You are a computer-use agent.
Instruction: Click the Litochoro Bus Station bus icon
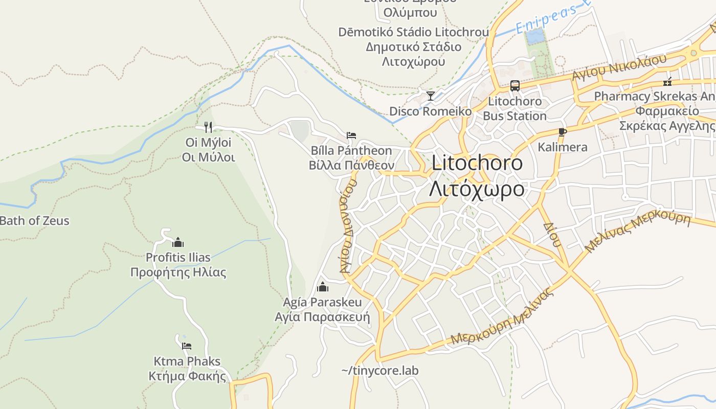pos(514,85)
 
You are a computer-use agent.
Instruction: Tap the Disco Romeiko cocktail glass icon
pos(431,96)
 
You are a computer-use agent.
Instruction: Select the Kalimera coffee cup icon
pos(563,132)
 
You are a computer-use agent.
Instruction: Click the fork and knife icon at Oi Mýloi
pos(208,127)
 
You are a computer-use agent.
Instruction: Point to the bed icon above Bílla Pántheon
pos(351,135)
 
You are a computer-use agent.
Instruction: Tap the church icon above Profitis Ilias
pos(178,242)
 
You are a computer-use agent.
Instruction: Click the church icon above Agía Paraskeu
pos(323,287)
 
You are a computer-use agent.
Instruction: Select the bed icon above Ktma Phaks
pos(187,346)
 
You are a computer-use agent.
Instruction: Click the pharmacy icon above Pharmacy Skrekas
pos(667,81)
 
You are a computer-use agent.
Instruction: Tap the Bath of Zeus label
pos(34,221)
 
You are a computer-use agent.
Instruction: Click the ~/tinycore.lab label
pos(379,370)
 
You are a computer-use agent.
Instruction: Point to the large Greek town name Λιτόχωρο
pos(477,189)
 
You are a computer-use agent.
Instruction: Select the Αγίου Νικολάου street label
pos(619,67)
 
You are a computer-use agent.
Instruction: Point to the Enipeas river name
pos(552,17)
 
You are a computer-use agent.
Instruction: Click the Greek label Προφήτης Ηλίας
pos(178,272)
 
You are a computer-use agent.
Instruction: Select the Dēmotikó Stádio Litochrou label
pos(413,32)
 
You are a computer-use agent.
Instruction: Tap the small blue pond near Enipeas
pos(534,36)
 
